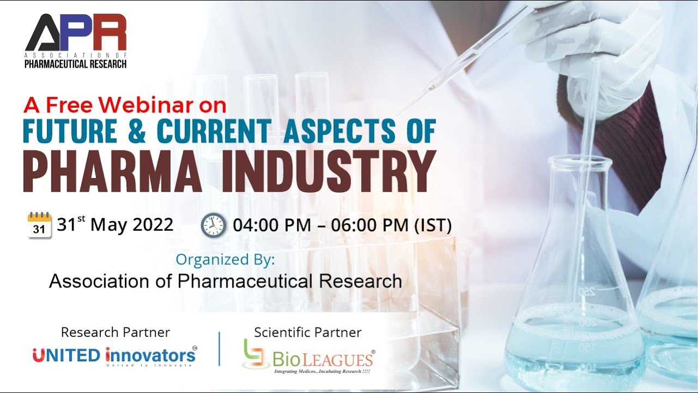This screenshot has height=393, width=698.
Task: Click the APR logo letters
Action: [x=76, y=33]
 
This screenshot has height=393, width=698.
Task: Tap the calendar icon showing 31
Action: [x=39, y=225]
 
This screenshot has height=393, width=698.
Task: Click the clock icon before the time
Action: [x=213, y=225]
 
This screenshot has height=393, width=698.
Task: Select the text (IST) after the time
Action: [x=433, y=225]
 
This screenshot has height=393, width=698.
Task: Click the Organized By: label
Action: [x=225, y=260]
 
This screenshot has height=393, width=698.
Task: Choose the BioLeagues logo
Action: [x=309, y=358]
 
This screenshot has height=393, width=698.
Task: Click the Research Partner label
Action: [x=115, y=332]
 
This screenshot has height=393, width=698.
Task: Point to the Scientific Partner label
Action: [x=308, y=332]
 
